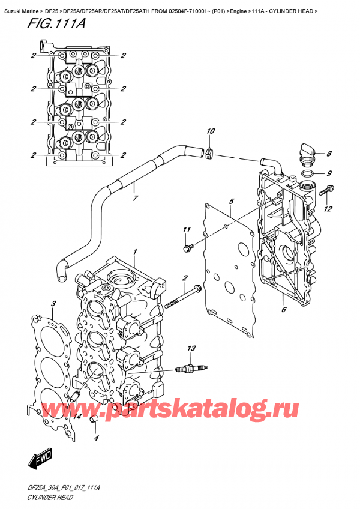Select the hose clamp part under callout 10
[x=209, y=155]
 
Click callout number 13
[x=191, y=349]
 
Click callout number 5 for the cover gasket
[x=231, y=202]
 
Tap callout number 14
[x=77, y=417]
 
